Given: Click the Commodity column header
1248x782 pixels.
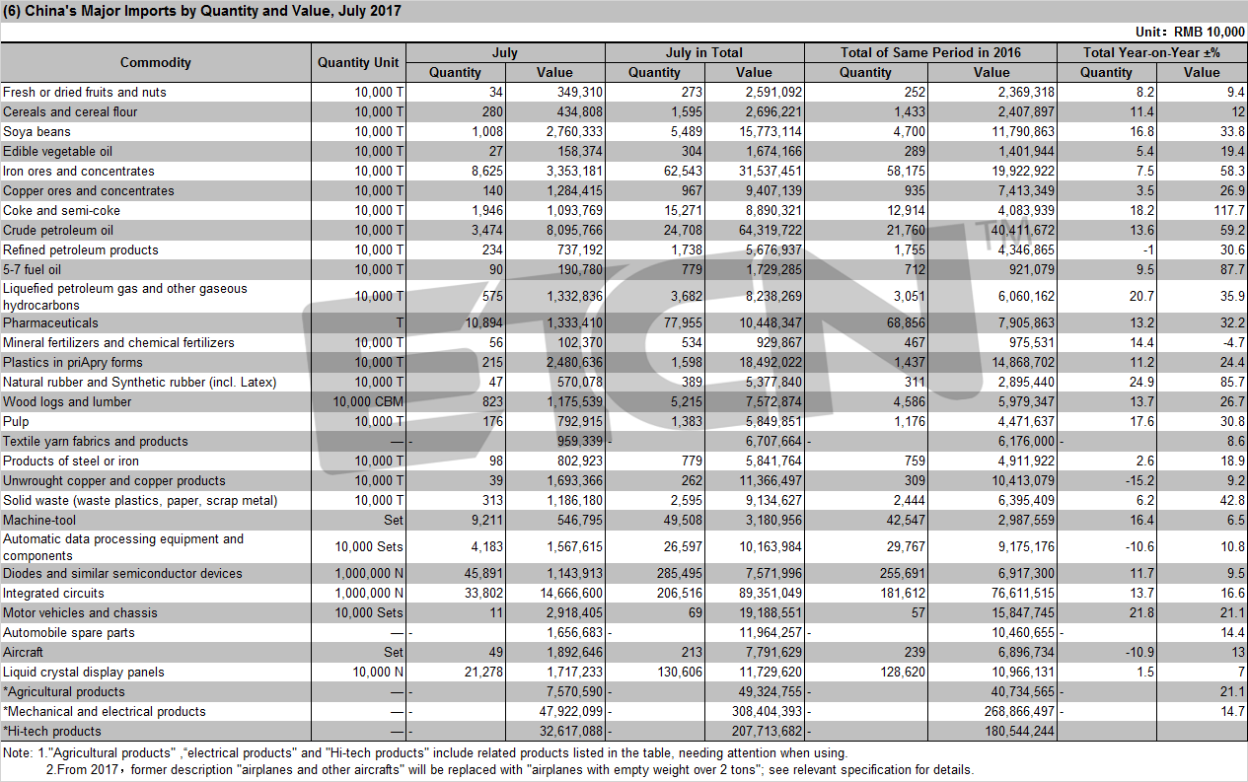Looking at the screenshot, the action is click(156, 62).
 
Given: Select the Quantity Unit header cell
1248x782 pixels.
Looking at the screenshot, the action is click(358, 62).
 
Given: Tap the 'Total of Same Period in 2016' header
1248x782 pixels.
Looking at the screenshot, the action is click(930, 52).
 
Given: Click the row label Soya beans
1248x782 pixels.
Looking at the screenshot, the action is click(37, 131).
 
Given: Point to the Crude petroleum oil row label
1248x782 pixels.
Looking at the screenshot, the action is click(58, 230).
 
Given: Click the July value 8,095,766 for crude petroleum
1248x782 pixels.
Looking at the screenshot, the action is click(574, 230).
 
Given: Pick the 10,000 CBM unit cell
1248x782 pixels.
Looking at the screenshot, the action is click(368, 401).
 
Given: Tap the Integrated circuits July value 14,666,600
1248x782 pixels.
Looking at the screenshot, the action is click(571, 594).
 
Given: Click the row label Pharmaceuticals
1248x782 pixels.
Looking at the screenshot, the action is click(50, 322).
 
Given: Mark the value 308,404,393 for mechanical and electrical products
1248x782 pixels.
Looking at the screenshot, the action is click(767, 711).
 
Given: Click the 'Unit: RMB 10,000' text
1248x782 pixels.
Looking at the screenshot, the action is click(1190, 32).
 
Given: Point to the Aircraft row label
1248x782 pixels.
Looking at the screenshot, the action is click(23, 652).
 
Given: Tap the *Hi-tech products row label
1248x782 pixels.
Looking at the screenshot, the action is click(52, 732).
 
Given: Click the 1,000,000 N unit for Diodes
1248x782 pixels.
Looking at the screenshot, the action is click(369, 573).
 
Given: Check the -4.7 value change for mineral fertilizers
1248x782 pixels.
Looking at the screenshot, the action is click(1232, 342).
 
